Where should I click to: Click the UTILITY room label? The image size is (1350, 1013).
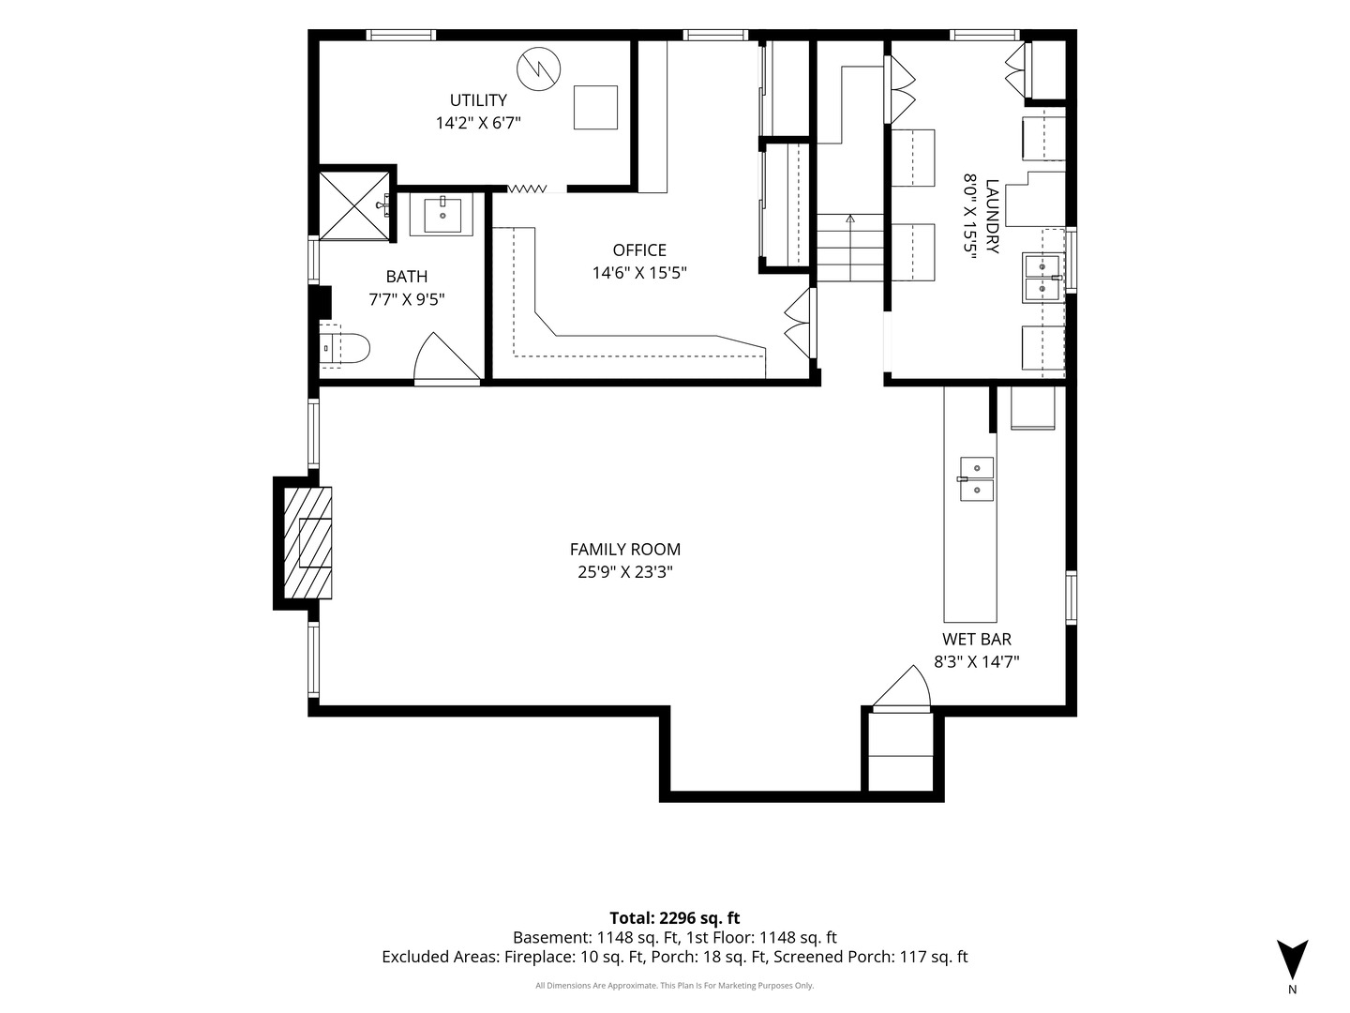click(478, 100)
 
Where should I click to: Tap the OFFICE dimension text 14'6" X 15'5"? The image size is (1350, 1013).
click(639, 272)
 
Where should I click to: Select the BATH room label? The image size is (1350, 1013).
click(407, 277)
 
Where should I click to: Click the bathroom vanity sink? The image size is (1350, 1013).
click(442, 213)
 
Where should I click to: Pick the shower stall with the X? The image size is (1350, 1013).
click(354, 205)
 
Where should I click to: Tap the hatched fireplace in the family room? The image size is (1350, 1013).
click(307, 542)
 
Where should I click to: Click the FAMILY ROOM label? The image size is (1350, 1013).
click(625, 550)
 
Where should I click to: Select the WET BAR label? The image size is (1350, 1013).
click(977, 639)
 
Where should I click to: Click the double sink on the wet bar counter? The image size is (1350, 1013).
click(977, 478)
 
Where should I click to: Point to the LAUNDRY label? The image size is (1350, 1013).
click(992, 216)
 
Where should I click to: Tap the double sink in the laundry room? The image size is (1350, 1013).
click(1043, 278)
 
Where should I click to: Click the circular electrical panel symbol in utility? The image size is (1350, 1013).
click(539, 68)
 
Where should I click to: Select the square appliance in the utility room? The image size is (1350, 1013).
click(595, 108)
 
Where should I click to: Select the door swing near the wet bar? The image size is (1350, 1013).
click(902, 688)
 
